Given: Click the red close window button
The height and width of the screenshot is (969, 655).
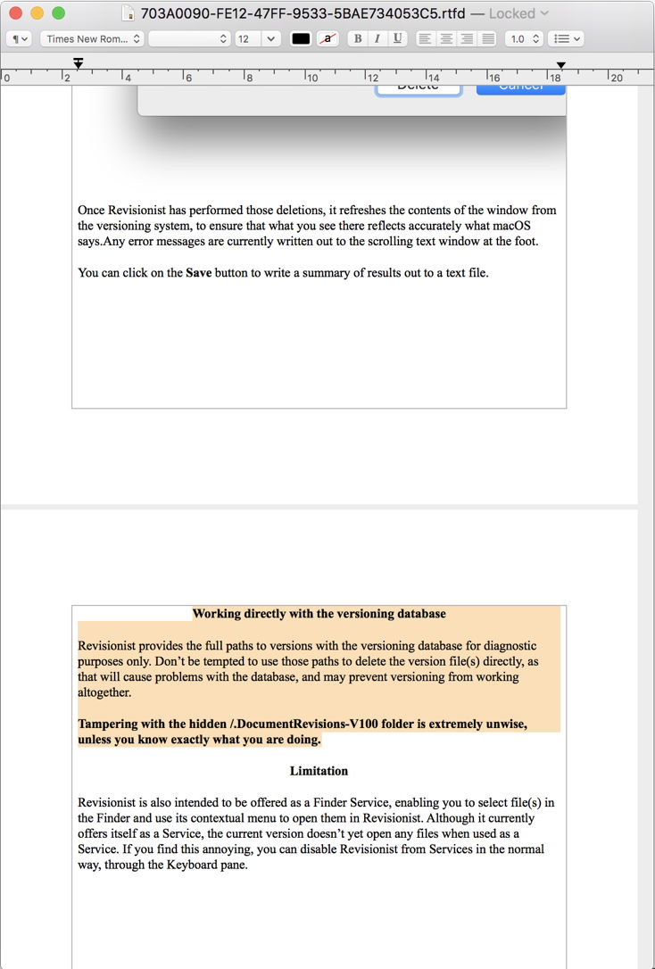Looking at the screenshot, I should click(15, 13).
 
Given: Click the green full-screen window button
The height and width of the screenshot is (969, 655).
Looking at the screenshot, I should click(58, 13).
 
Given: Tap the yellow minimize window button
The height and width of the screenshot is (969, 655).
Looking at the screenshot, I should click(37, 13).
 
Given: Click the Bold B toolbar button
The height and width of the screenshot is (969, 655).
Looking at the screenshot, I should click(358, 39).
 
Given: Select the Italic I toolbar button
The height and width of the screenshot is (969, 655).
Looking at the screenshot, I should click(377, 39).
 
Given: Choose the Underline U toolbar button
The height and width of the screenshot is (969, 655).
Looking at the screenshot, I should click(397, 39).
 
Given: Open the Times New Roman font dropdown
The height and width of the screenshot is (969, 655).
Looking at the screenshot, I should click(92, 39).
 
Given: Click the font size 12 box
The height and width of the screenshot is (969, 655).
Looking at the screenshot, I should click(247, 39).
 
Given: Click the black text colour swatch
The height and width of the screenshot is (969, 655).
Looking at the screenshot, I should click(301, 39).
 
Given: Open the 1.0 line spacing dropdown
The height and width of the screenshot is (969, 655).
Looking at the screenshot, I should click(523, 39).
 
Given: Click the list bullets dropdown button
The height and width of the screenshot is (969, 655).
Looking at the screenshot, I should click(566, 39).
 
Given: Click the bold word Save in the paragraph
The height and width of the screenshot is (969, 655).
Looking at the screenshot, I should click(198, 273).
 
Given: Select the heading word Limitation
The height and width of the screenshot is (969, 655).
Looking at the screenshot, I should click(319, 771).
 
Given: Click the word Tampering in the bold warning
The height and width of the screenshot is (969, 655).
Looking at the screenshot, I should click(110, 725).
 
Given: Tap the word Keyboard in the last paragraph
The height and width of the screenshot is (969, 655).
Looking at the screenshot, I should click(179, 865).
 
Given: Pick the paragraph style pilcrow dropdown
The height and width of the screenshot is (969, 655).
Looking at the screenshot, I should click(20, 39).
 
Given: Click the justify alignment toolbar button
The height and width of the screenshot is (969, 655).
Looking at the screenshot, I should click(487, 39).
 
